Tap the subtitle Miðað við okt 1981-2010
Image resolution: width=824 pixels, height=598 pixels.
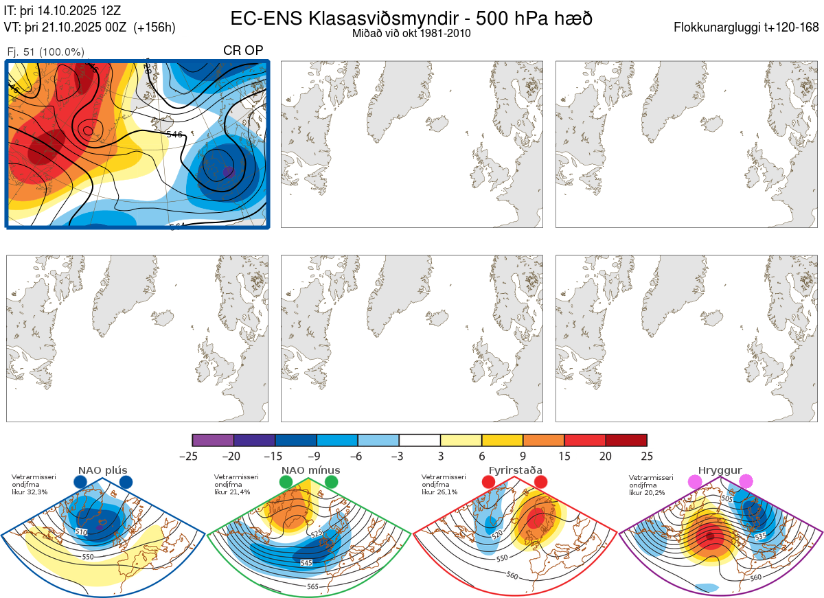pos(411,33)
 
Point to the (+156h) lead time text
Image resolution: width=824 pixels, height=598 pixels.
pos(155,27)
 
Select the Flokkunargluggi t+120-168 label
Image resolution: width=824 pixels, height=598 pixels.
pos(746,28)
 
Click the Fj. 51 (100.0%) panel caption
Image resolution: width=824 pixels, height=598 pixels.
pos(45,52)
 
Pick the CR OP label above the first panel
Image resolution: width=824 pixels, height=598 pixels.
pos(243,51)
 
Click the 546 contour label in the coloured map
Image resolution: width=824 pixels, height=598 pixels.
pos(174,135)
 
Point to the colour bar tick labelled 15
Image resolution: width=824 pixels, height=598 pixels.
pos(564,455)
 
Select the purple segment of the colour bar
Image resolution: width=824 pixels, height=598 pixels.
pos(213,441)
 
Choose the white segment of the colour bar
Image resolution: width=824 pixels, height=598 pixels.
pos(420,441)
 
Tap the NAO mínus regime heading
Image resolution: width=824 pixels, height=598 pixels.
pos(310,470)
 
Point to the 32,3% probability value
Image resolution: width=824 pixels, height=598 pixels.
pos(38,492)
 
